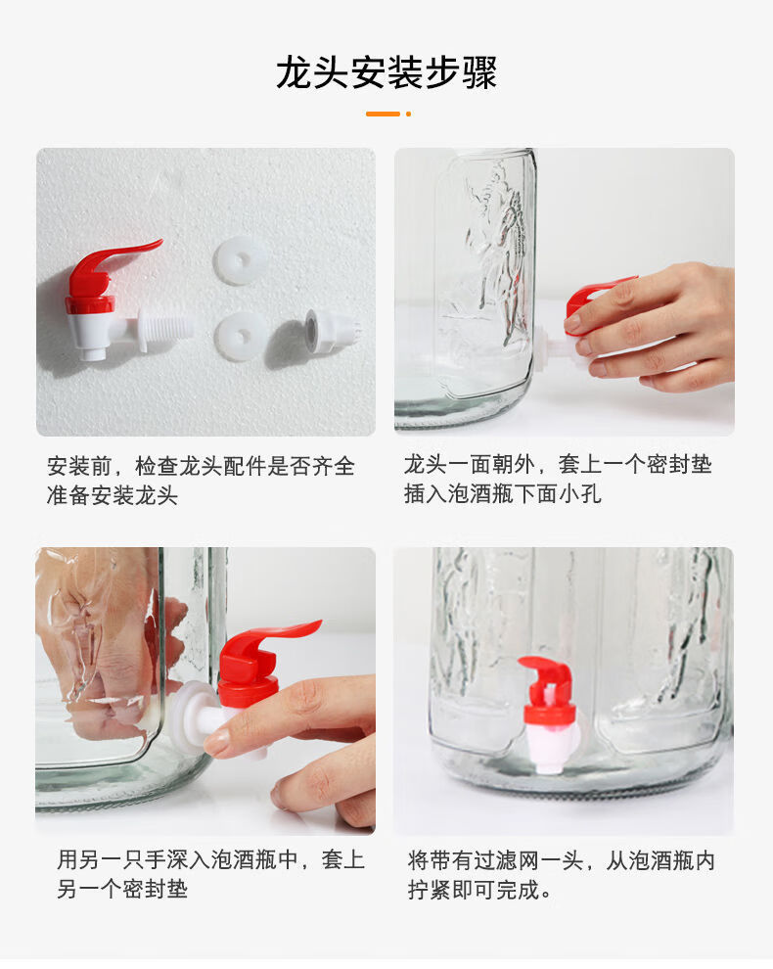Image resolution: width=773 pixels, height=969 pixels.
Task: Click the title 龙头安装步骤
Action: [x=386, y=72]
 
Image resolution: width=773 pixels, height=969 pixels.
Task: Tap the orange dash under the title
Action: [x=383, y=114]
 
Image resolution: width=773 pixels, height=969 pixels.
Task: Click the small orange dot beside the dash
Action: [x=408, y=114]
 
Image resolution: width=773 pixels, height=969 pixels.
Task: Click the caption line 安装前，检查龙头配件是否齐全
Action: [x=201, y=466]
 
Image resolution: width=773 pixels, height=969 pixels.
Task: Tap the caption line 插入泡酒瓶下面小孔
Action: [x=502, y=493]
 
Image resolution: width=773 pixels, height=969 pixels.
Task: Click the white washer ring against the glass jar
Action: [x=189, y=716]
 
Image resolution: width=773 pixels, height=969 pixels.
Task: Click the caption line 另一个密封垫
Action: [x=122, y=890]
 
